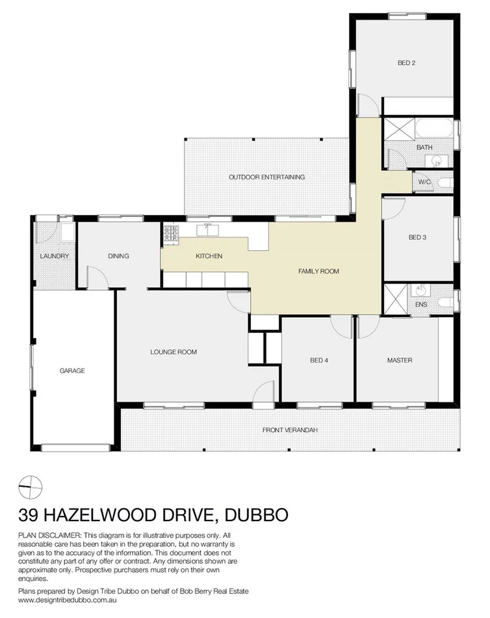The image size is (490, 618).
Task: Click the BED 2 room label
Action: click(406, 63)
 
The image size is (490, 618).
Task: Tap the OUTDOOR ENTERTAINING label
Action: click(266, 177)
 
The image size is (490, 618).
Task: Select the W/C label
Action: click(424, 182)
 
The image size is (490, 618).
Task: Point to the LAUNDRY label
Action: click(54, 256)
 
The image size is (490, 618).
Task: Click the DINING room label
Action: click(118, 256)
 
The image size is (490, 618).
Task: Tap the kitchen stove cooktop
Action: click(170, 233)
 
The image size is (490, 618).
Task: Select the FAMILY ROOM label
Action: click(318, 272)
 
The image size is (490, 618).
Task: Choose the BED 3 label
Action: click(417, 237)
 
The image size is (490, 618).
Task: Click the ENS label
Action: click(420, 304)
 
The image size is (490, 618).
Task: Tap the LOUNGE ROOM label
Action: click(174, 352)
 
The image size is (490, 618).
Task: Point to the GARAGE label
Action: click(72, 370)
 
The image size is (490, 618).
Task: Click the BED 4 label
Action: click(319, 361)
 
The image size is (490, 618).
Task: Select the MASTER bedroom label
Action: click(400, 360)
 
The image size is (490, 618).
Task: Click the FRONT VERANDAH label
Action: click(289, 430)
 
